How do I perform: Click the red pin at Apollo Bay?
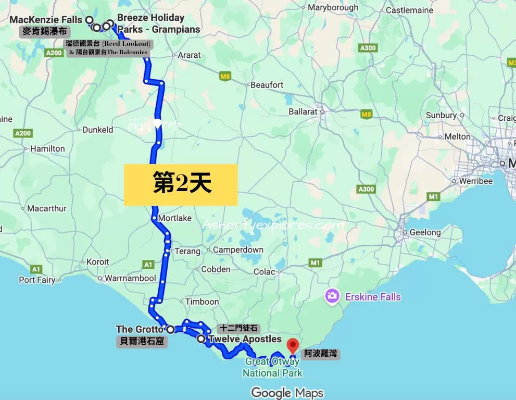(x=293, y=345)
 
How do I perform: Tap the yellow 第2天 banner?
(x=181, y=184)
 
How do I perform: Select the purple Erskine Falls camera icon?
(x=331, y=296)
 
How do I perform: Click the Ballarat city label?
(x=303, y=111)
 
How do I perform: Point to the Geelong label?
(x=424, y=232)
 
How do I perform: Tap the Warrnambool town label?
(x=130, y=278)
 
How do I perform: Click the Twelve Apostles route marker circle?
(x=201, y=339)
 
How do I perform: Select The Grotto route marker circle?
(x=170, y=329)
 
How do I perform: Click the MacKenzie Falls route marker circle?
(x=89, y=20)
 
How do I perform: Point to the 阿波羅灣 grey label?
(x=321, y=354)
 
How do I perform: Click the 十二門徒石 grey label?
(x=238, y=328)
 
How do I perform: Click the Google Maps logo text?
(x=287, y=392)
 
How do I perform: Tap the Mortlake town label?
(x=174, y=218)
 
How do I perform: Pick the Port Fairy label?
(x=37, y=280)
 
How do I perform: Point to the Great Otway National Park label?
(x=272, y=367)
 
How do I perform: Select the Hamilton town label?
(x=47, y=148)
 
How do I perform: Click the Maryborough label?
(x=333, y=7)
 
